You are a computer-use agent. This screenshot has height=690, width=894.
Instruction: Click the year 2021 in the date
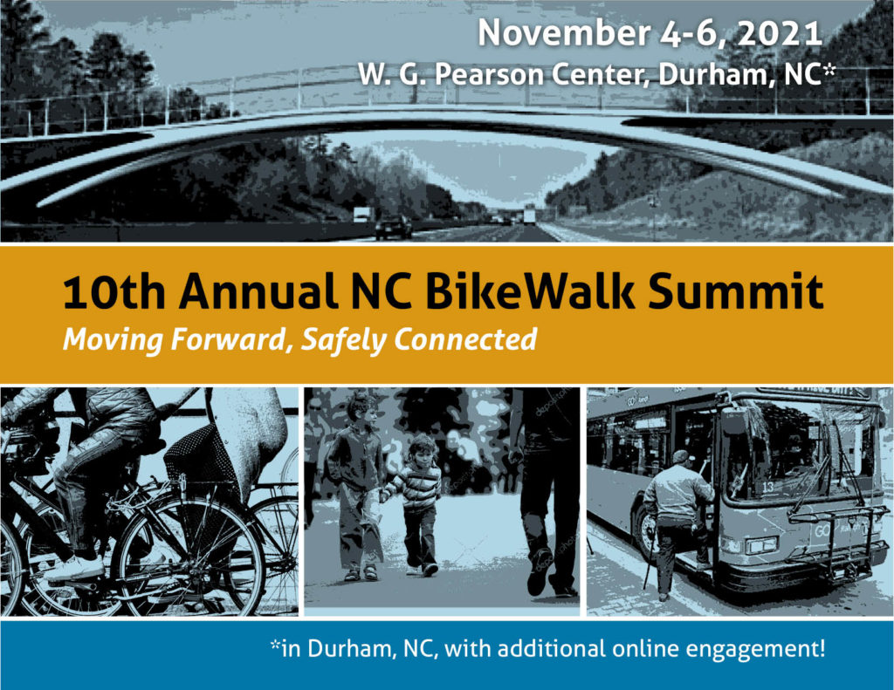click(780, 34)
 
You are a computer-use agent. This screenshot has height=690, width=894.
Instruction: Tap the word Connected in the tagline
click(465, 339)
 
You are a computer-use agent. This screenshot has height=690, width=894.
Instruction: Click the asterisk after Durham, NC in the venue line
click(829, 69)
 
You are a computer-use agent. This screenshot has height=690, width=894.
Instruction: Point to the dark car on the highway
click(394, 228)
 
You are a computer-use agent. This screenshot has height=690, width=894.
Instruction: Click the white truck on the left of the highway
click(363, 215)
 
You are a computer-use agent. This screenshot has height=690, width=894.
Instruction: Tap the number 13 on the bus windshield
click(768, 487)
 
